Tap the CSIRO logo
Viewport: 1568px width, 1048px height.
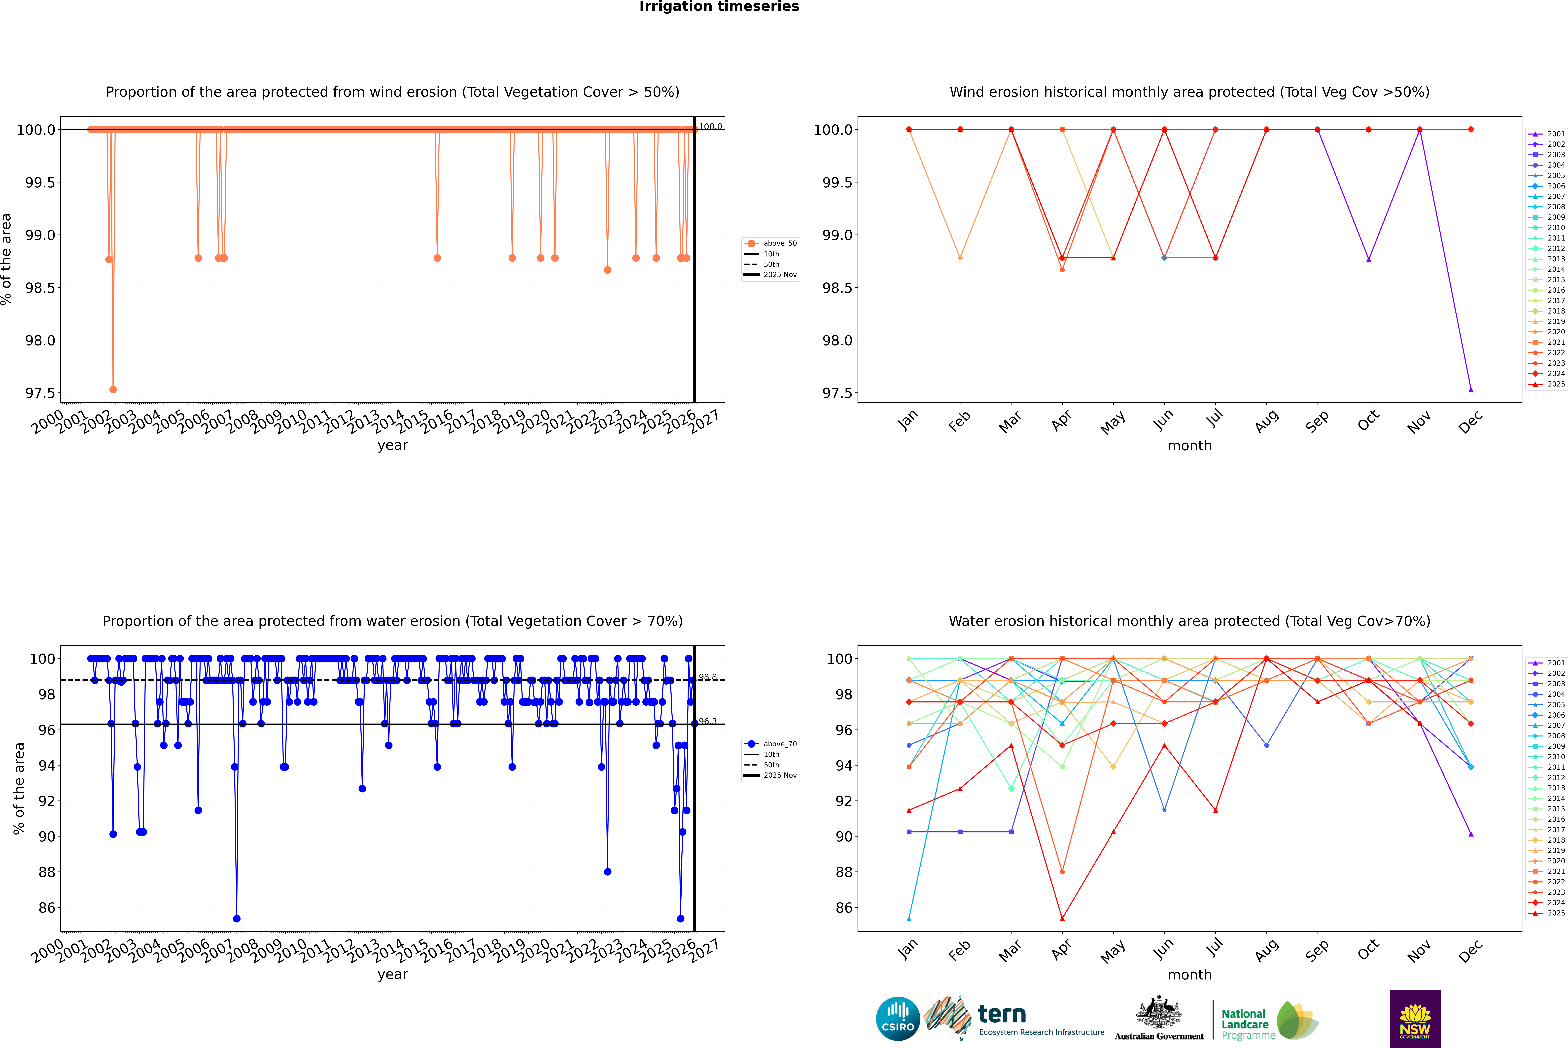coord(898,1019)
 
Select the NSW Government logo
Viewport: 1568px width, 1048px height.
coord(1415,1019)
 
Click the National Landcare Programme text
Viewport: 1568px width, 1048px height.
coord(1245,1024)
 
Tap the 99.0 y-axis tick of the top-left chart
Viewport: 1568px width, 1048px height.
coord(40,235)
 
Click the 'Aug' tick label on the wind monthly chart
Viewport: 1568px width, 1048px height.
coord(1267,421)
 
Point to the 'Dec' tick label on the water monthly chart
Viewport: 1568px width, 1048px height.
coord(1470,950)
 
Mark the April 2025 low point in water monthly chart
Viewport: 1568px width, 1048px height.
coord(1062,918)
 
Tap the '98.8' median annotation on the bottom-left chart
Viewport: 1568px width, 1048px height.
coord(707,677)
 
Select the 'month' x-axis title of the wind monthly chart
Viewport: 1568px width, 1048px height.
coord(1189,446)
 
